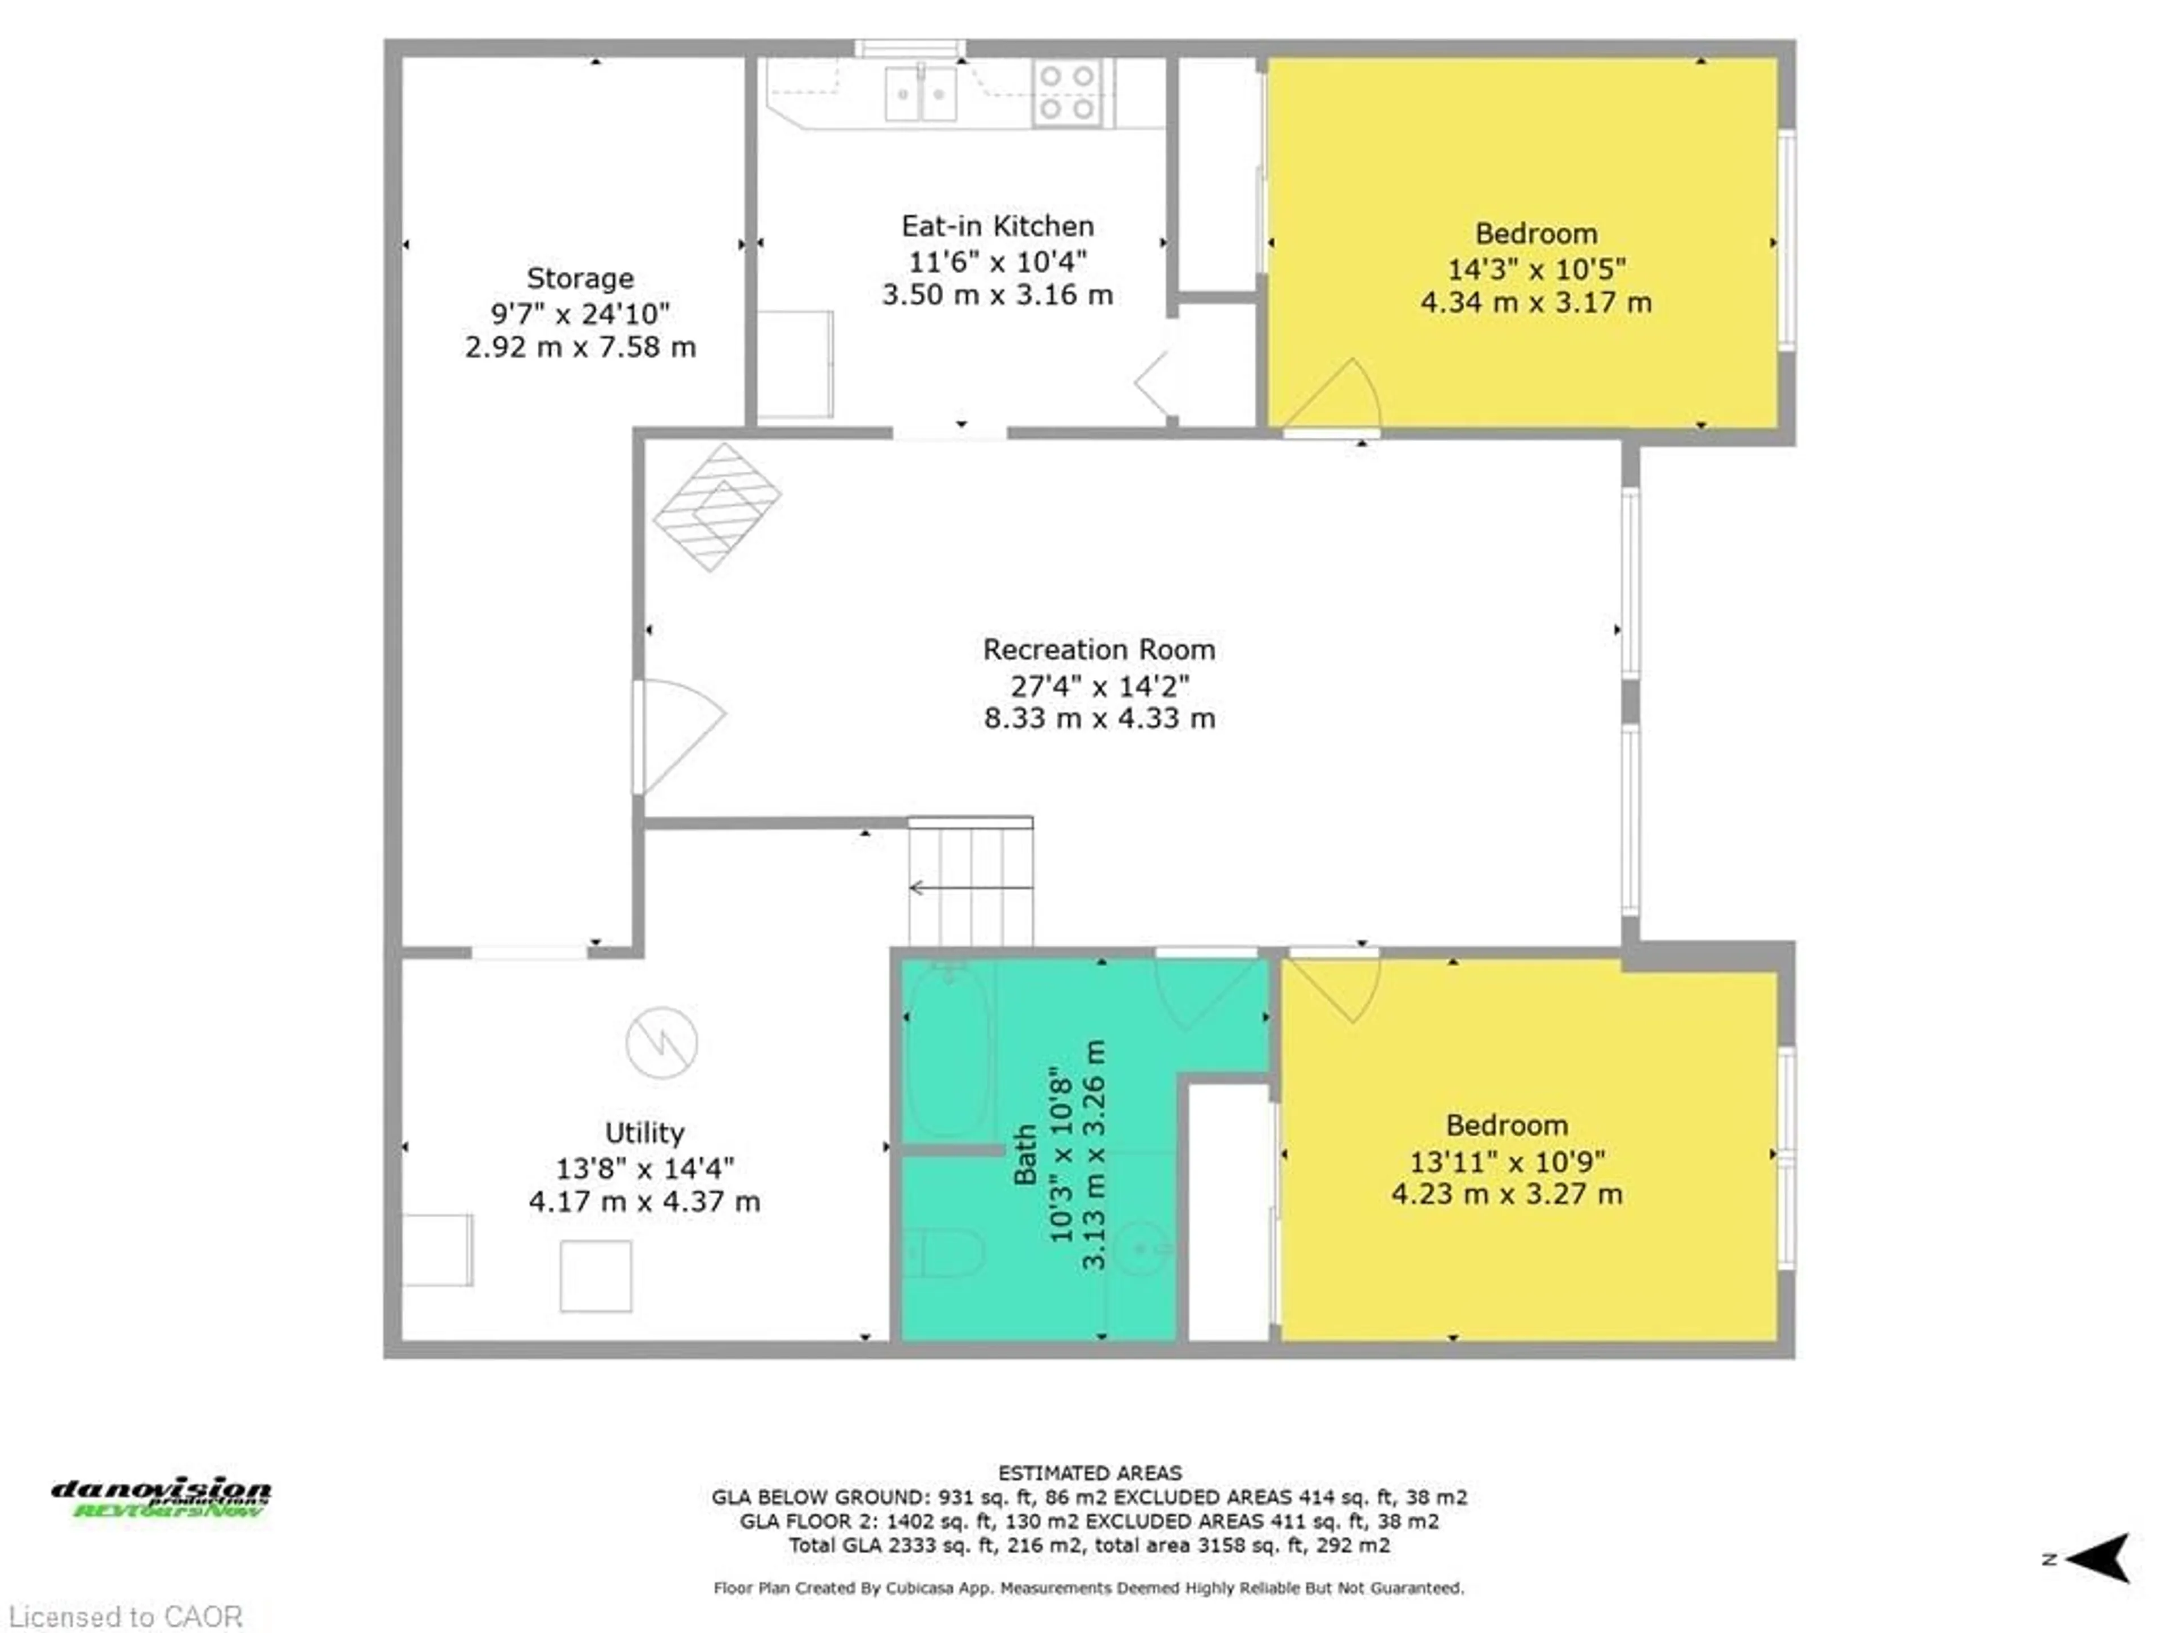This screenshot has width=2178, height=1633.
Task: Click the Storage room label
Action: pos(579,278)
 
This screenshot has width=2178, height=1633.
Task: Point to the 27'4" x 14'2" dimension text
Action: pos(1099,685)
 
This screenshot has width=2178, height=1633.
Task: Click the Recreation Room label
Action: pos(1099,650)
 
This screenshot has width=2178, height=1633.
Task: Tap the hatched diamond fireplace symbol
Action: pos(717,507)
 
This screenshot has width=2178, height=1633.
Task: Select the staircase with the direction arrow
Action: pos(970,886)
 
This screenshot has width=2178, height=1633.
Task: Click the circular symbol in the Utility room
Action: pos(662,1042)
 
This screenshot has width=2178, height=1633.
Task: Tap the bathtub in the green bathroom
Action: pos(947,1051)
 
